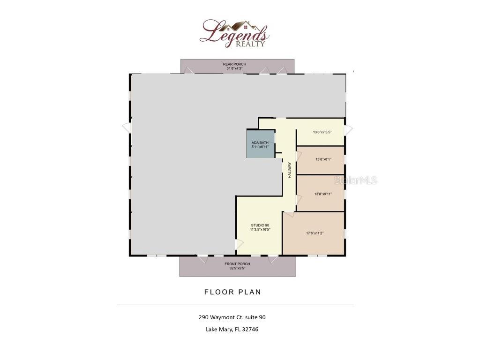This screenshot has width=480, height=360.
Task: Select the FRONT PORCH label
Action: point(237,264)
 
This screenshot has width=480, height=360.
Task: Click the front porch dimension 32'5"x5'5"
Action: point(237,269)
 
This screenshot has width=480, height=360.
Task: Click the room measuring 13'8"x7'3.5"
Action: point(322,132)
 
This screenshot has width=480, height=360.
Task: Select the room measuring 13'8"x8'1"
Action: point(322,159)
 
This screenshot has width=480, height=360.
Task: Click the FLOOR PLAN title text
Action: point(232,292)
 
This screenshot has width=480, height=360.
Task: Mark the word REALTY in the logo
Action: point(253,44)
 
